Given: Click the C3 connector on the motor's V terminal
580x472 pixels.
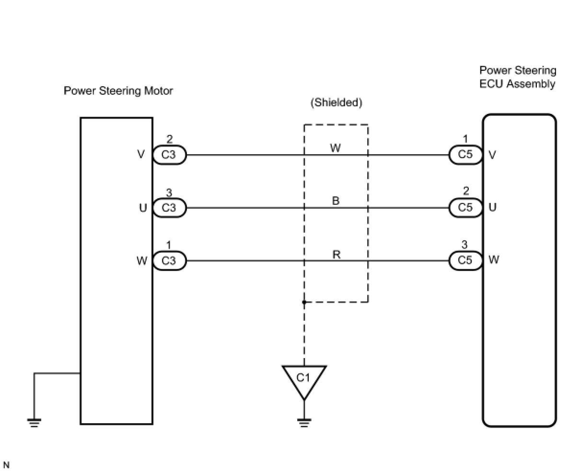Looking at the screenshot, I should coord(169,155).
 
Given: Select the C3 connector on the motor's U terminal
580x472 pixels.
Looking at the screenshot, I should coord(169,208).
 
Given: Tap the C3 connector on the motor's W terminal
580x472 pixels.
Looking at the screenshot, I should coord(169,261).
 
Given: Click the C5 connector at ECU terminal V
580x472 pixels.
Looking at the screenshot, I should coord(465,155).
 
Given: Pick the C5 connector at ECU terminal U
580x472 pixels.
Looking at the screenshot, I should coord(465,207).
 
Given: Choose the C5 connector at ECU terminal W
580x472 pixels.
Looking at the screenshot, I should coord(465,260).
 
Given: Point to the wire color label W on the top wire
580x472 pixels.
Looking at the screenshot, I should coord(336,148).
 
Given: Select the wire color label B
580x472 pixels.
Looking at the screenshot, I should coord(336,201).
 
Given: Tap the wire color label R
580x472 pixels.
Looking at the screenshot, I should coord(336,254).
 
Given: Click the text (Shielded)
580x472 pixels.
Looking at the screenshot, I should coord(336,102).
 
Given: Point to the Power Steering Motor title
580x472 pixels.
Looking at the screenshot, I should coord(118,91).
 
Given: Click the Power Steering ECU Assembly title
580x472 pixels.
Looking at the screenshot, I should coord(518,78).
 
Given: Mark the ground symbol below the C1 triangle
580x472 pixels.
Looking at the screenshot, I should coord(304,422).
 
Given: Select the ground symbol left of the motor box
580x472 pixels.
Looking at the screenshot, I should coord(34,422).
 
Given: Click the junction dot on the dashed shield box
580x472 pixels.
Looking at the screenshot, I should coord(304,302).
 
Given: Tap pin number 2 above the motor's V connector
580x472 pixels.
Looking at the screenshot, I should coord(169,139).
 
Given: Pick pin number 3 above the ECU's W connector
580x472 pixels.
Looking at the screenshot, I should coord(464,245).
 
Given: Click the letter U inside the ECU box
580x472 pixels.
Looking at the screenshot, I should coord(493,207).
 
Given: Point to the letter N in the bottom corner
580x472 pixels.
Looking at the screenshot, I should coord(6,465).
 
